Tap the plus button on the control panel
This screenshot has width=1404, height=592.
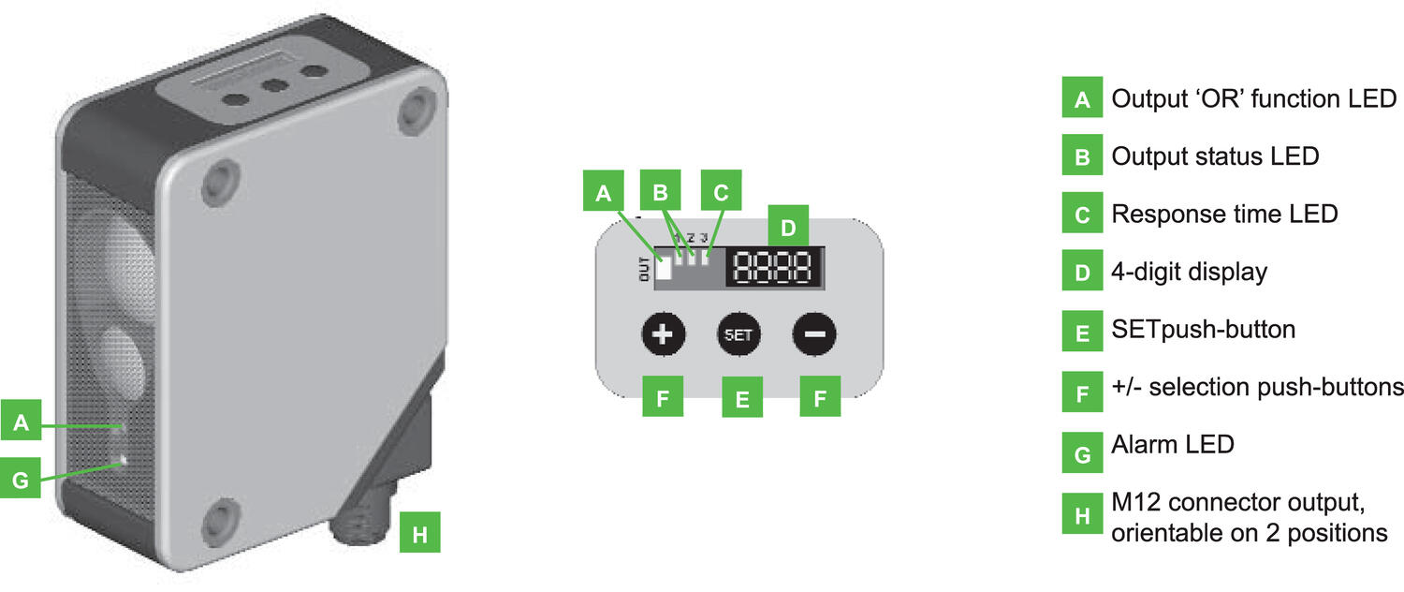pos(663,333)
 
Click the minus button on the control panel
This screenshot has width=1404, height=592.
pos(814,333)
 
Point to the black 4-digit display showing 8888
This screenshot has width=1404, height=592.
pos(775,267)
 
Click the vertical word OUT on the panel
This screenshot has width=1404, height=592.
pos(644,269)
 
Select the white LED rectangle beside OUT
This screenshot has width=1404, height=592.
pos(663,268)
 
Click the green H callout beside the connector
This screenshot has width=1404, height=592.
pos(420,532)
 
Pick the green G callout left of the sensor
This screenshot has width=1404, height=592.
pos(20,478)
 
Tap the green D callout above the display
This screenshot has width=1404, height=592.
pos(788,225)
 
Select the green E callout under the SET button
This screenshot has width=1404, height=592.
pos(742,397)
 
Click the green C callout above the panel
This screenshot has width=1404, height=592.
pos(721,190)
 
